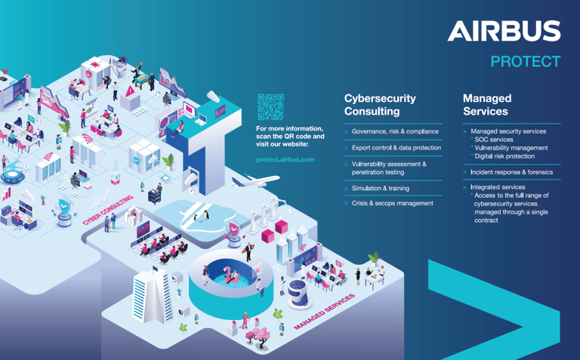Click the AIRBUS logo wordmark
[x=504, y=31]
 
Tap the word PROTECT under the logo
[x=526, y=61]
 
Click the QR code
[x=270, y=106]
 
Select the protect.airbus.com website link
[x=285, y=159]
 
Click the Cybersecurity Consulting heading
[x=380, y=105]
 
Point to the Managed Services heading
[x=486, y=105]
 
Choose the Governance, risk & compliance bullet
[x=395, y=131]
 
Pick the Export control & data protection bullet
[x=396, y=148]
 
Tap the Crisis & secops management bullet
[x=392, y=203]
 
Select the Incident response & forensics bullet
[x=511, y=172]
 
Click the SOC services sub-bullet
[x=494, y=140]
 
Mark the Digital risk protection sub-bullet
[x=504, y=156]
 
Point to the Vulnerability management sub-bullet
[x=511, y=148]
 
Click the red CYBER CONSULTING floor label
[x=107, y=209]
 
